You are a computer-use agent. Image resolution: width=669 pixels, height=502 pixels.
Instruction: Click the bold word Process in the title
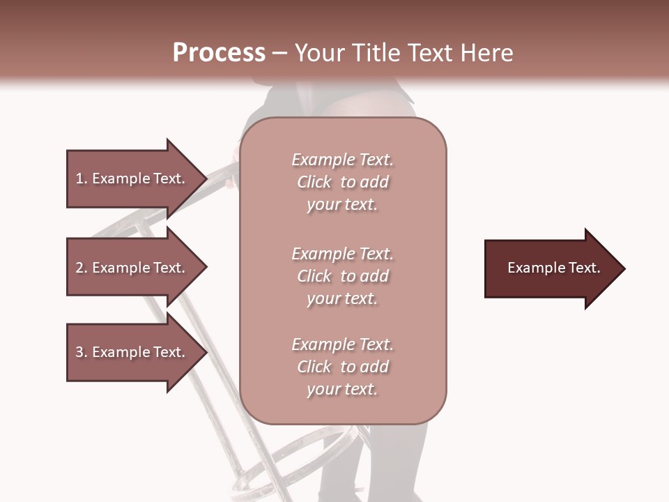point(219,53)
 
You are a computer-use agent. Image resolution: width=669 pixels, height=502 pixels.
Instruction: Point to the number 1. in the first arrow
point(82,178)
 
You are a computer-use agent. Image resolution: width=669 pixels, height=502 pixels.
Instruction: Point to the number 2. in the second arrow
point(82,268)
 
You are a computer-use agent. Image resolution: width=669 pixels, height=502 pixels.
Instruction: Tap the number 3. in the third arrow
point(82,352)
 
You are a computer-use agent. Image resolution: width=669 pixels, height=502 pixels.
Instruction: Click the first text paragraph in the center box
point(342,182)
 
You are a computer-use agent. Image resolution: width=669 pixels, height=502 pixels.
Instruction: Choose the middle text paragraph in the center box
point(342,276)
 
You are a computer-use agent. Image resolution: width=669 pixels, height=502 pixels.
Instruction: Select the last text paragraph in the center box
point(342,367)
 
